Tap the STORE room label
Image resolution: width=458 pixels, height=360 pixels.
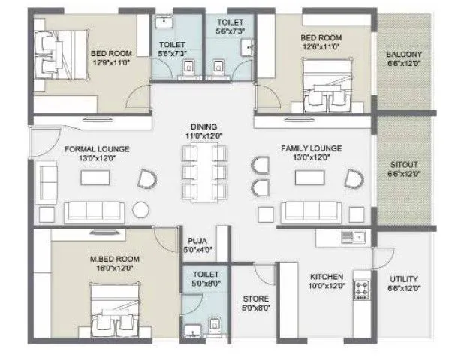pyautogui.click(x=250, y=298)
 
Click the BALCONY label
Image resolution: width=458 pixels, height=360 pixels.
pyautogui.click(x=403, y=55)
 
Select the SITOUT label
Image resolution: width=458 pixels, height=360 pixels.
pyautogui.click(x=403, y=163)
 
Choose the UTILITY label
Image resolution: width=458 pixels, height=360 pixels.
pyautogui.click(x=403, y=279)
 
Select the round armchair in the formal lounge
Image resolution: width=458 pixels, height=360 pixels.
pyautogui.click(x=147, y=178)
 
